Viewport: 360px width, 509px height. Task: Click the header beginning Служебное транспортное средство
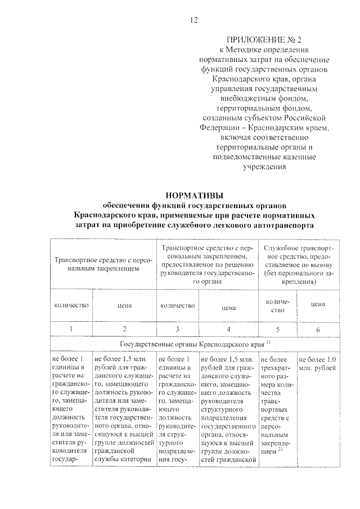tap(299, 264)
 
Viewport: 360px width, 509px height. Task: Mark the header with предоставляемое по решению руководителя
tap(207, 264)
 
